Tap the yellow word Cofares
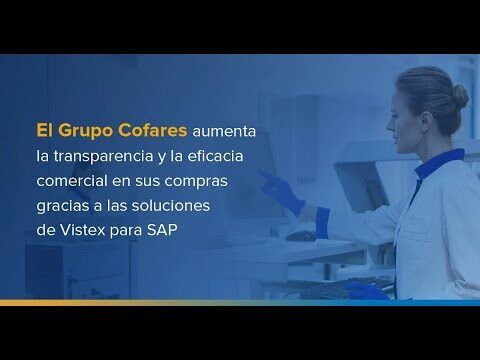[153, 130]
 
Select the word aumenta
[224, 131]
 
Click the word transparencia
[103, 156]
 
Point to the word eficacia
[215, 156]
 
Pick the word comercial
[72, 180]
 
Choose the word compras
[196, 182]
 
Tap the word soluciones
[171, 205]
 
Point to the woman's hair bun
[460, 97]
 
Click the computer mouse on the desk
[301, 236]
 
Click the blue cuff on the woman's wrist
[322, 223]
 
